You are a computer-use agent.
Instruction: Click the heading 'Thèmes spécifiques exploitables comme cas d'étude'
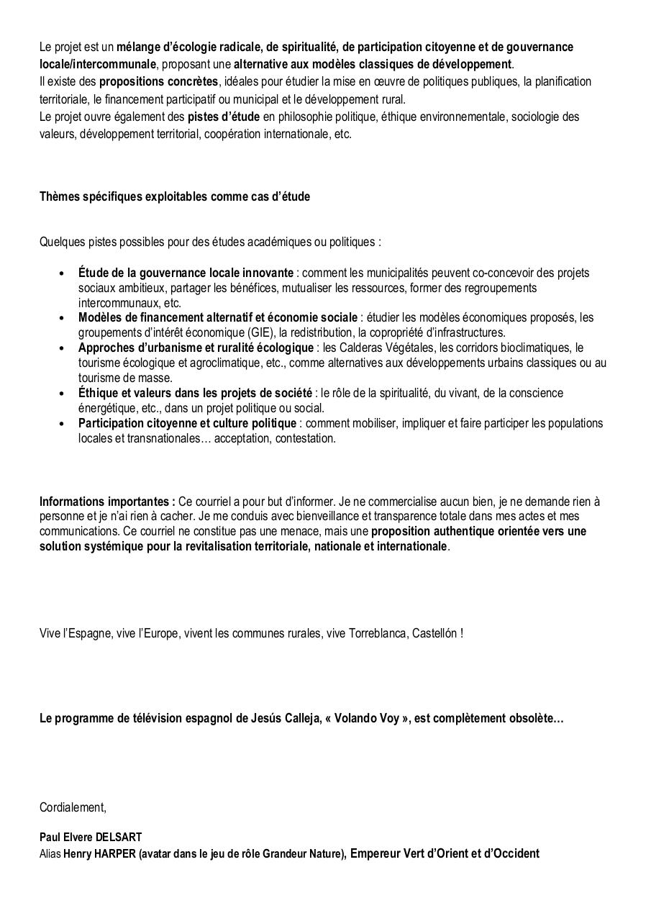(x=175, y=196)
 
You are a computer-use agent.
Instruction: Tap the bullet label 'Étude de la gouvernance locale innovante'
(x=186, y=273)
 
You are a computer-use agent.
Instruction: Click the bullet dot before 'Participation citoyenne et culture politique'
(x=62, y=423)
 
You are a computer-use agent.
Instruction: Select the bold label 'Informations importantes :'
(x=107, y=501)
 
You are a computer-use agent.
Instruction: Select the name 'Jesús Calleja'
(x=284, y=718)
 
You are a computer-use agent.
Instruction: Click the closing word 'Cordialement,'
(x=73, y=807)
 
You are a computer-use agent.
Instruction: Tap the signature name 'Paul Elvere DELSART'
(x=91, y=838)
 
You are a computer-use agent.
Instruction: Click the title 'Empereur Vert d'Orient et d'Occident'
(x=445, y=853)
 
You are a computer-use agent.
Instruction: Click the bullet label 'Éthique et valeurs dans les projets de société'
(x=195, y=393)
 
